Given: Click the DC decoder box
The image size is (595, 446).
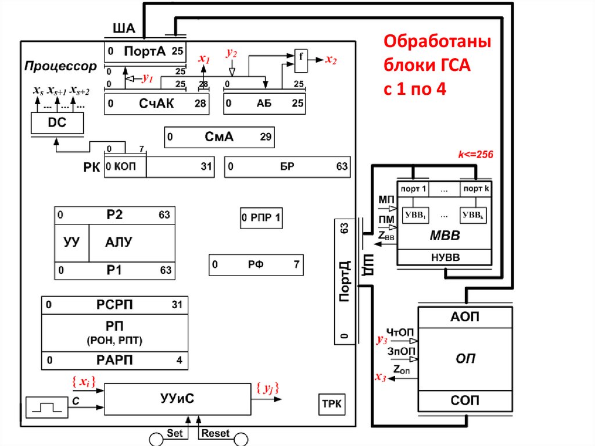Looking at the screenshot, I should tap(57, 123).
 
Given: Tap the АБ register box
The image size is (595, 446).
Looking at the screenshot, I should tap(264, 104).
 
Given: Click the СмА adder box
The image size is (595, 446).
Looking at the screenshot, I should tap(219, 138).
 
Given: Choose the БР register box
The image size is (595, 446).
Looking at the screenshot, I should tap(287, 167).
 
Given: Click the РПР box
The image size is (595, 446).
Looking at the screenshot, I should tap(261, 219).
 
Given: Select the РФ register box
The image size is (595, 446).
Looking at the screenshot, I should tap(256, 265).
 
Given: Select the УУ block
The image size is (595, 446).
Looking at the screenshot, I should tap(71, 242).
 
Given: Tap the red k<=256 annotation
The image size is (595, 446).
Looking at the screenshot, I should tap(475, 155).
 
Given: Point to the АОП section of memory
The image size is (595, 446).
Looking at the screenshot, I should tap(465, 317).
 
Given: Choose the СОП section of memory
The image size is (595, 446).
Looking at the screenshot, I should tap(465, 401).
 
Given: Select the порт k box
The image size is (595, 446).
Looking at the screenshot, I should tap(476, 189).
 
